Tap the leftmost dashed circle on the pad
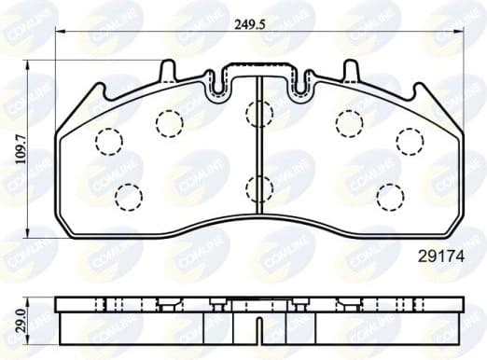tap(109, 140)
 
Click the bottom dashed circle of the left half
tap(127, 195)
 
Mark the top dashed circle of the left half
tap(168, 121)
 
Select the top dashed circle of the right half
tap(349, 121)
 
